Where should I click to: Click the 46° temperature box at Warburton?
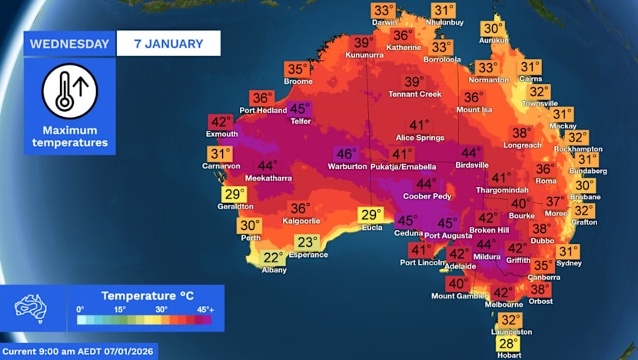346,154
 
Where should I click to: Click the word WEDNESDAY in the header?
70,43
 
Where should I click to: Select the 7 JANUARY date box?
168,43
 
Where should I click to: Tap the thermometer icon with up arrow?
69,91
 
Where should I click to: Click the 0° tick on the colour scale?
81,308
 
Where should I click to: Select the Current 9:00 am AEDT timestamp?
79,352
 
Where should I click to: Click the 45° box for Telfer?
300,109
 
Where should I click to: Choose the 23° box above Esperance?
307,242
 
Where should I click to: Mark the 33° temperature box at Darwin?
384,12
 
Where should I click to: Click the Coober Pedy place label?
425,196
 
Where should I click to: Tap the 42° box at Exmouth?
221,122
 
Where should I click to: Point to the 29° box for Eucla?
371,215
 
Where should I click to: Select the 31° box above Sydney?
568,252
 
